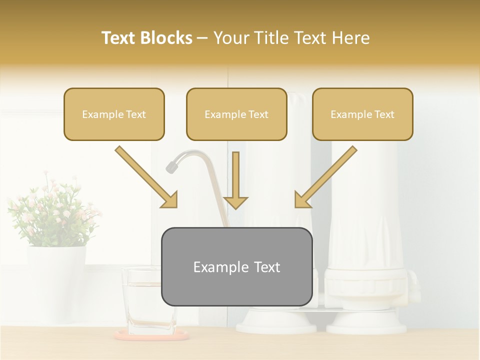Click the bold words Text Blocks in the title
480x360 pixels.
pos(146,38)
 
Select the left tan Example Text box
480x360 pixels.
pos(114,114)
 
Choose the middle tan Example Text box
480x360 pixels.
pos(236,114)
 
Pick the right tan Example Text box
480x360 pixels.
pos(362,114)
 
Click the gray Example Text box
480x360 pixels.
pos(236,266)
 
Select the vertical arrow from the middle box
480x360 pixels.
pos(235,180)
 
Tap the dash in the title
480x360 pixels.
pos(202,38)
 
